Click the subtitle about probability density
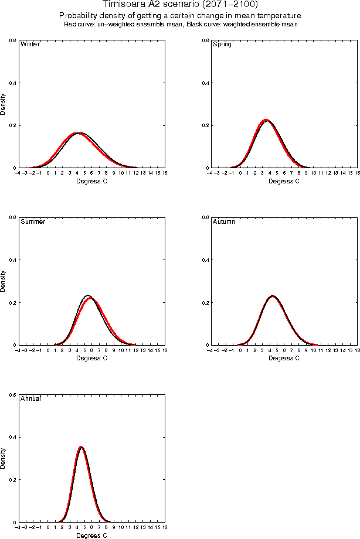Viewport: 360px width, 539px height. (x=180, y=15)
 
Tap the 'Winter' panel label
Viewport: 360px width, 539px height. (x=30, y=45)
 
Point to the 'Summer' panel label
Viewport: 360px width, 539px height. (x=33, y=222)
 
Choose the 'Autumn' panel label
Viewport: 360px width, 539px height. (x=224, y=222)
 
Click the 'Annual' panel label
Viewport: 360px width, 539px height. (x=30, y=399)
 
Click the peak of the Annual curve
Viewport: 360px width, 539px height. (x=81, y=447)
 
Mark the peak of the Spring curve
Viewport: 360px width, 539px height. (x=266, y=120)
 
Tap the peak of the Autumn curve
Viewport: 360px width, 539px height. (x=272, y=296)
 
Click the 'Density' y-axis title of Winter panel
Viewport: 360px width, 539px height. (x=4, y=104)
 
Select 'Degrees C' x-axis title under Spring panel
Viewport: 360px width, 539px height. (x=284, y=181)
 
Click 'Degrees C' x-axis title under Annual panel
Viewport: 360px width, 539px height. (x=92, y=535)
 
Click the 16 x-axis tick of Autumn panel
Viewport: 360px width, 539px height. (x=356, y=350)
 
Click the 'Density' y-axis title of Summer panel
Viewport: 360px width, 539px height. (x=4, y=281)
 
